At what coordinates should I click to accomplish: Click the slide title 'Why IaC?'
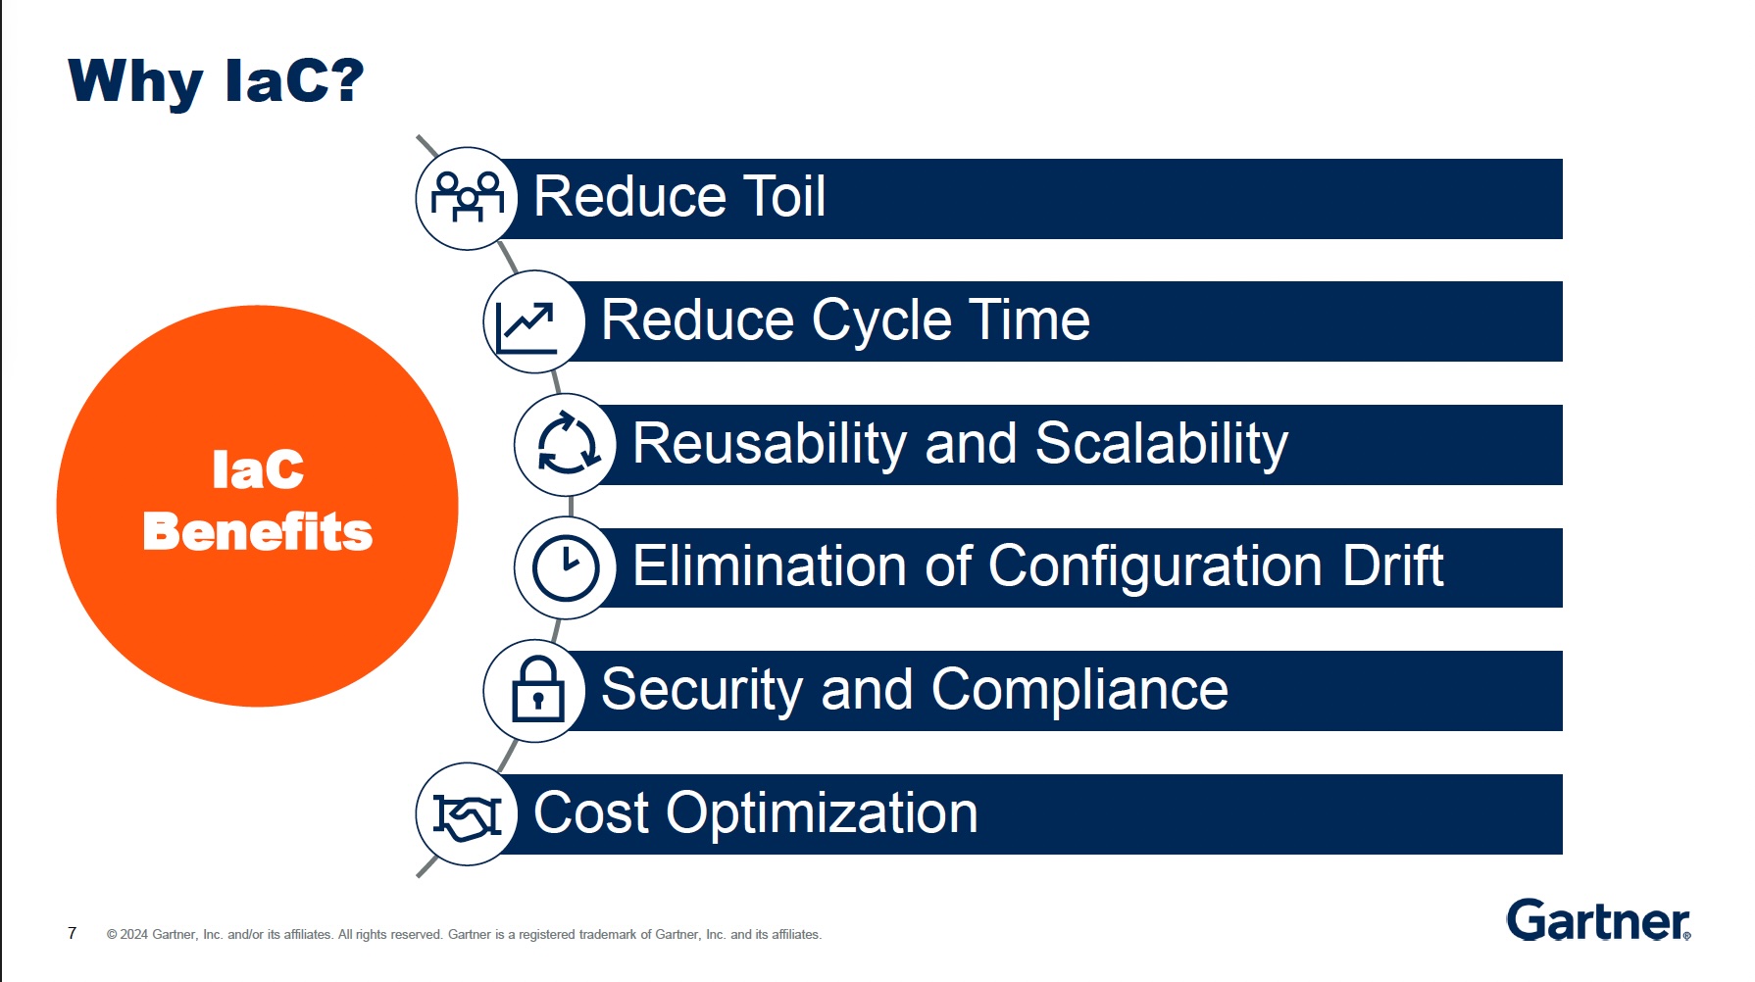[x=216, y=81]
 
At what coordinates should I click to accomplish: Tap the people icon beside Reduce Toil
[x=468, y=197]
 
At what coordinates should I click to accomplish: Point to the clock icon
[x=566, y=567]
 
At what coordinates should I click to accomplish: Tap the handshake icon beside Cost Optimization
[x=468, y=815]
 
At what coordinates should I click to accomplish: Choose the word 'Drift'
[x=1393, y=566]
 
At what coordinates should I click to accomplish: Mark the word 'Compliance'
[x=1079, y=692]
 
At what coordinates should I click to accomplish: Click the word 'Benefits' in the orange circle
[x=258, y=531]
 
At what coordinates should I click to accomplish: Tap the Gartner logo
[x=1599, y=919]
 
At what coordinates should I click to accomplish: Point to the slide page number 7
[x=72, y=933]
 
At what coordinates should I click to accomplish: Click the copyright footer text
[x=464, y=935]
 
